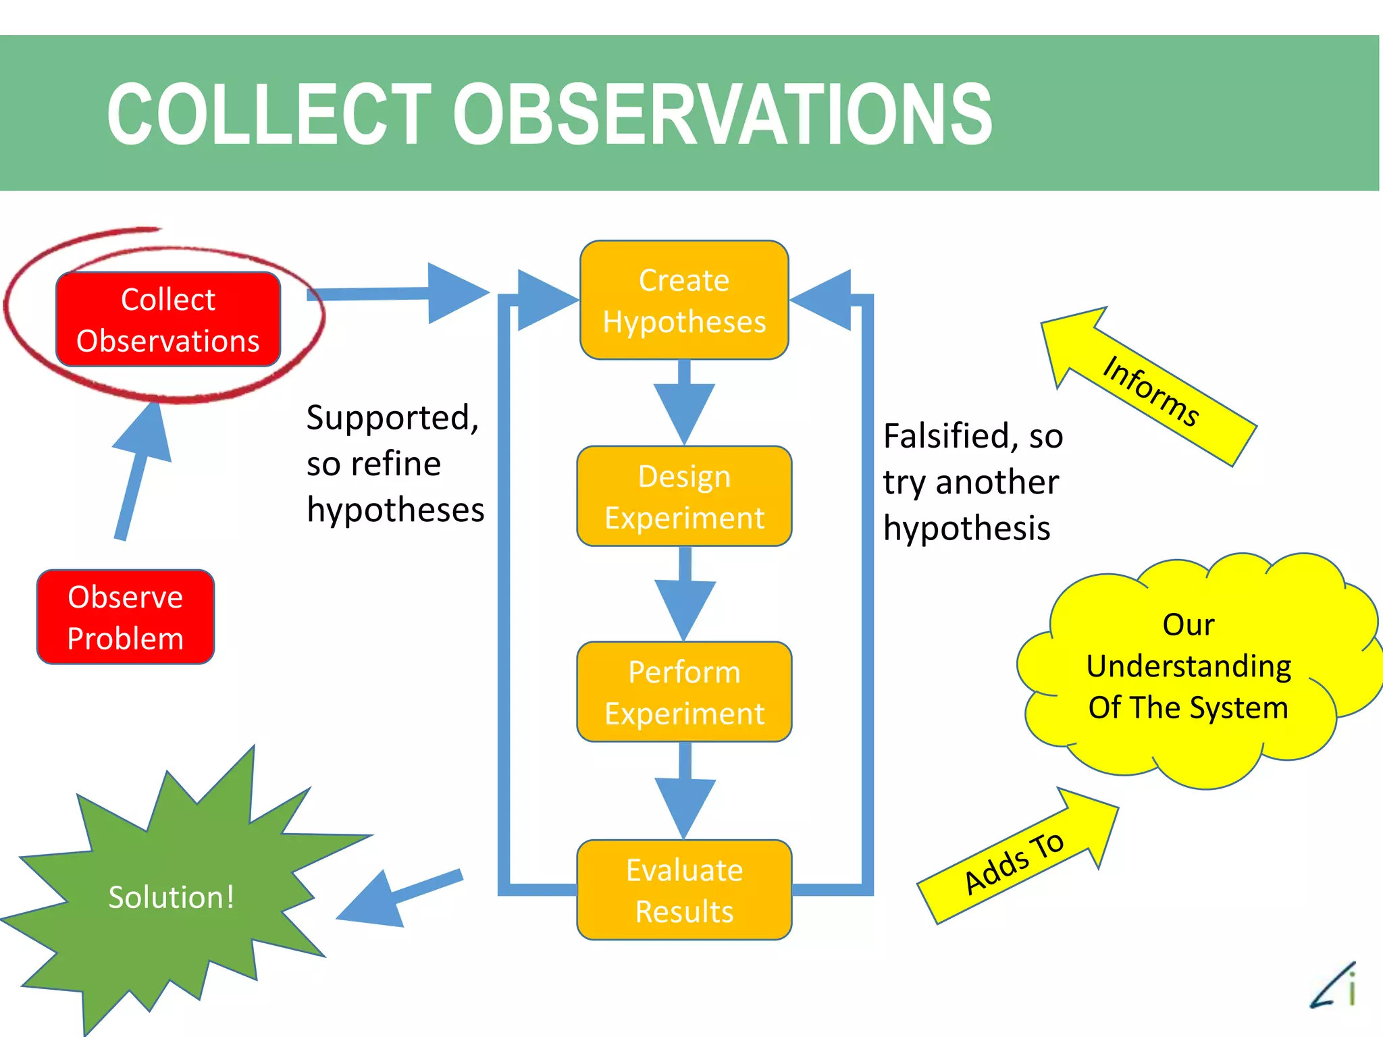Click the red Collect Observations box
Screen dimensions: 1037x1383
click(168, 320)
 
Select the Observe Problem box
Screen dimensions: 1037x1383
click(126, 617)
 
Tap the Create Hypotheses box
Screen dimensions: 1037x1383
click(684, 300)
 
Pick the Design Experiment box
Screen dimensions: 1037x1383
click(684, 496)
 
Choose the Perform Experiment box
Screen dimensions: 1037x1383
click(684, 692)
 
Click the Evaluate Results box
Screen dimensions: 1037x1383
click(684, 890)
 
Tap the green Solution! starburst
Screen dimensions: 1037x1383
click(172, 898)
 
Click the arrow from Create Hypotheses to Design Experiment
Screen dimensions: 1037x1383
click(684, 405)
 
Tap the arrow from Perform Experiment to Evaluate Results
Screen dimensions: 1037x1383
click(684, 797)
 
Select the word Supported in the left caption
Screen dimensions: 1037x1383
click(392, 418)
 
